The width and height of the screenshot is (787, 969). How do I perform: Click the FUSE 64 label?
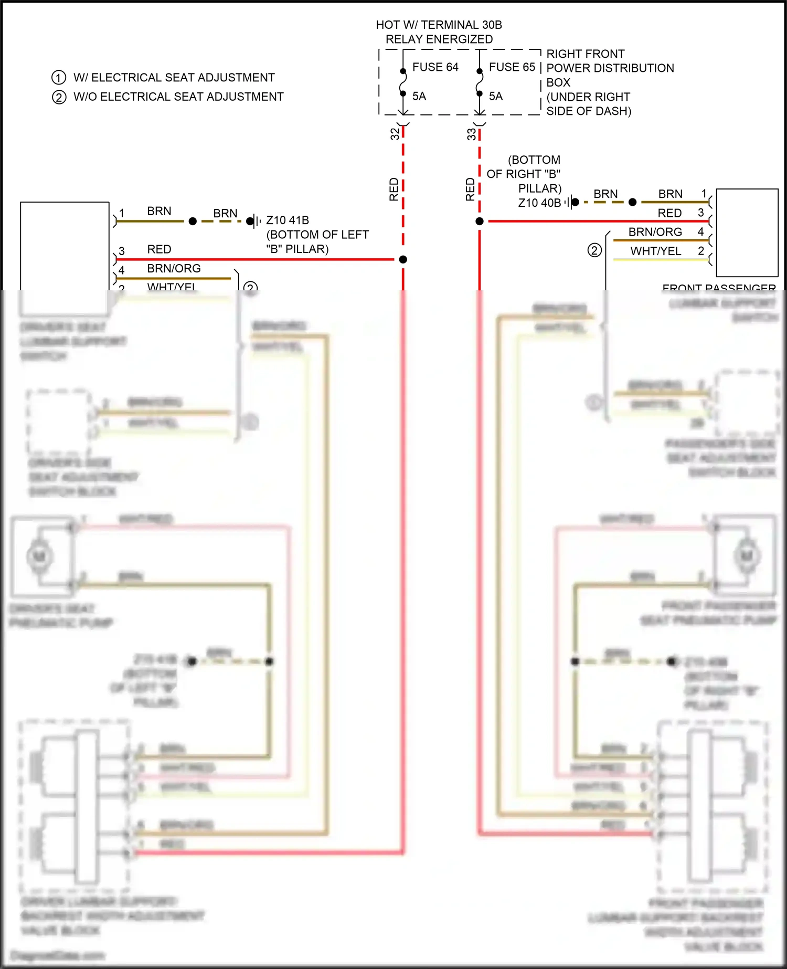(x=435, y=67)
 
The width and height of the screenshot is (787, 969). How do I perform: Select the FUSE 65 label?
(x=512, y=67)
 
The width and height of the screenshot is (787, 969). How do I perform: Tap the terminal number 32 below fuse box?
(x=395, y=134)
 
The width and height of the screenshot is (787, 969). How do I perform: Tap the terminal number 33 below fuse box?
(x=471, y=134)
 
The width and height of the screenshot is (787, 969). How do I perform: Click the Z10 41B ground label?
(x=288, y=220)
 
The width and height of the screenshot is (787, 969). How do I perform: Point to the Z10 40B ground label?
(x=539, y=203)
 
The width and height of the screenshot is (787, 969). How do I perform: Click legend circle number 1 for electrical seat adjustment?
(x=59, y=78)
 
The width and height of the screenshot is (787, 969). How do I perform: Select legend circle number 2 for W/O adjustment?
(x=59, y=97)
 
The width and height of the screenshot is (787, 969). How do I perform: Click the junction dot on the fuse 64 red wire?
(x=403, y=259)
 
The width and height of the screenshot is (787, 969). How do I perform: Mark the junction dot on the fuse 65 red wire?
(x=480, y=222)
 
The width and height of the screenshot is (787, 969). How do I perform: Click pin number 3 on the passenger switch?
(x=700, y=213)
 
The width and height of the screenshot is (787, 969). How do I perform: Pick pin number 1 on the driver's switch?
(x=122, y=213)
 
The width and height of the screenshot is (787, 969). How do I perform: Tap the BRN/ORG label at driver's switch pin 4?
(x=174, y=269)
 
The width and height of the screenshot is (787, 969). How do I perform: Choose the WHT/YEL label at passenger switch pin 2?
(x=655, y=251)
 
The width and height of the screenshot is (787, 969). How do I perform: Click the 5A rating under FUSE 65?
(x=495, y=97)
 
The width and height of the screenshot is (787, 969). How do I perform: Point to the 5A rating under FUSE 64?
(x=419, y=97)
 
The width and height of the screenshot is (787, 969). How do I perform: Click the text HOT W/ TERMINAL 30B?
(x=439, y=25)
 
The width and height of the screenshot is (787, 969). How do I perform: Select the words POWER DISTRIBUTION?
(x=610, y=68)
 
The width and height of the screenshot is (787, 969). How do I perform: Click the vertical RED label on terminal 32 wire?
(x=394, y=189)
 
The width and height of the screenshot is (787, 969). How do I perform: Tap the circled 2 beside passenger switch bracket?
(x=594, y=250)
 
